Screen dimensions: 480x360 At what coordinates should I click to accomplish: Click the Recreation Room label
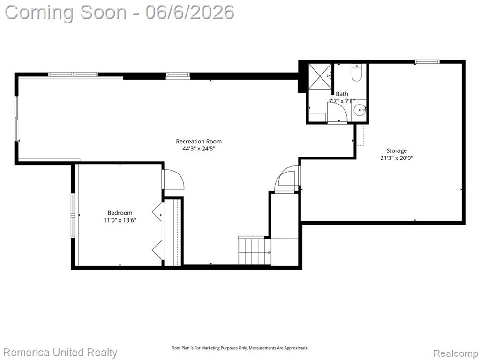[199, 142]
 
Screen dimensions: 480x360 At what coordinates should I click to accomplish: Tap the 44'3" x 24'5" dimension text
[199, 149]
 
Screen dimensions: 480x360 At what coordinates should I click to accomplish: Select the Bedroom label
[120, 213]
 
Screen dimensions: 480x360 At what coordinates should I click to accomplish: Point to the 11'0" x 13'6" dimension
[120, 220]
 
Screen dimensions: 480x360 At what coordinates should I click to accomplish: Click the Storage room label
[397, 150]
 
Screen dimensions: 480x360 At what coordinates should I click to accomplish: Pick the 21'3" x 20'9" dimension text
[397, 158]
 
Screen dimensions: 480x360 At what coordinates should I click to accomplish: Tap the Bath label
[342, 94]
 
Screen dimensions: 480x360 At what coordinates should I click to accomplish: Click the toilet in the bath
[357, 73]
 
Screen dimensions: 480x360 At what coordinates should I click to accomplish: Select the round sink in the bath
[360, 110]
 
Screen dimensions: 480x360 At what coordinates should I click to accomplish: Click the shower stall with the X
[320, 76]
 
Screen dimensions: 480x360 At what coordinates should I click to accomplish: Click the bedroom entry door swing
[173, 180]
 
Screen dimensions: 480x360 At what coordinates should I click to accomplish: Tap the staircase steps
[255, 251]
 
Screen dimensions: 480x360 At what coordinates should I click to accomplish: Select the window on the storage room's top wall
[427, 61]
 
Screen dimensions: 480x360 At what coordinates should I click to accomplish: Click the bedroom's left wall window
[73, 216]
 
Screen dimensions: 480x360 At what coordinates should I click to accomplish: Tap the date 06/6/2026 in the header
[190, 13]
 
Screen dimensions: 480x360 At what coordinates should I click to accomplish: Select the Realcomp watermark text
[456, 353]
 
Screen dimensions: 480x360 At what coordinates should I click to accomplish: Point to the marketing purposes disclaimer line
[240, 348]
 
